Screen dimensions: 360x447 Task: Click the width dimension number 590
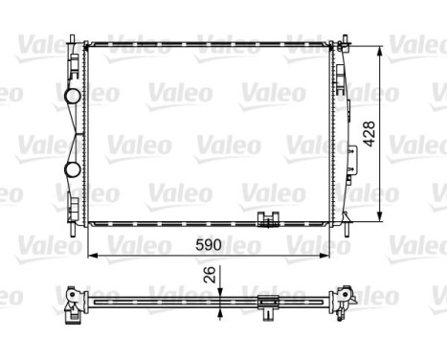[x=208, y=245]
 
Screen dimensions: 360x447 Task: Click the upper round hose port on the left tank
[x=73, y=96]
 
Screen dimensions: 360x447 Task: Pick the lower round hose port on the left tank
[x=73, y=170]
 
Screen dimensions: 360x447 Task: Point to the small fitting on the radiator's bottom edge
[x=269, y=219]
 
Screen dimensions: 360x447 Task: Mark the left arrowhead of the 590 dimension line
[x=90, y=256]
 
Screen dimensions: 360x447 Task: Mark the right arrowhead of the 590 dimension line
[x=328, y=256]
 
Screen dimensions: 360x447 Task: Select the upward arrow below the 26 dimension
[x=221, y=313]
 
